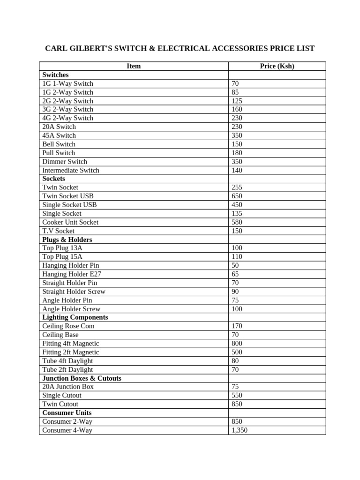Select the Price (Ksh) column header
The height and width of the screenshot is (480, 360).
tap(277, 66)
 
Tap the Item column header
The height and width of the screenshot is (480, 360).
tap(134, 66)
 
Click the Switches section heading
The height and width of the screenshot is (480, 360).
tap(55, 75)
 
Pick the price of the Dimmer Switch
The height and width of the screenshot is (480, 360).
tap(237, 161)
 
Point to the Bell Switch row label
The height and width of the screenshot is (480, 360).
tap(59, 144)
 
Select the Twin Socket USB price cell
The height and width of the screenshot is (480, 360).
tap(237, 196)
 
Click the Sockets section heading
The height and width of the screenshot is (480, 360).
tap(53, 179)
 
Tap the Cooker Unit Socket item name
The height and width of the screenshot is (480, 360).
tap(70, 222)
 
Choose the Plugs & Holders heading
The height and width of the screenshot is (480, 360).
tap(67, 240)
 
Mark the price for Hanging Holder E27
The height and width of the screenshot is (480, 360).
tap(235, 274)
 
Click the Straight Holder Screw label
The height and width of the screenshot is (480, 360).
tap(74, 291)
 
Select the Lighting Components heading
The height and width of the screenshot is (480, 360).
tap(75, 317)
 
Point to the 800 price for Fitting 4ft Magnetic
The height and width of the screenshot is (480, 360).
tap(237, 343)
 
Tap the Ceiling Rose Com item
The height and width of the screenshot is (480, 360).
tap(68, 326)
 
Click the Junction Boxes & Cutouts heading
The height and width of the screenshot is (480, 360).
tap(82, 378)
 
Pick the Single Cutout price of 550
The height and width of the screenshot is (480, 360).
tap(237, 395)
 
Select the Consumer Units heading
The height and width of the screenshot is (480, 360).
tap(67, 412)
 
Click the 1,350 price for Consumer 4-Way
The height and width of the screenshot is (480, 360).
tap(240, 430)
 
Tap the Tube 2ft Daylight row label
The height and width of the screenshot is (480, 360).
tap(67, 369)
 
